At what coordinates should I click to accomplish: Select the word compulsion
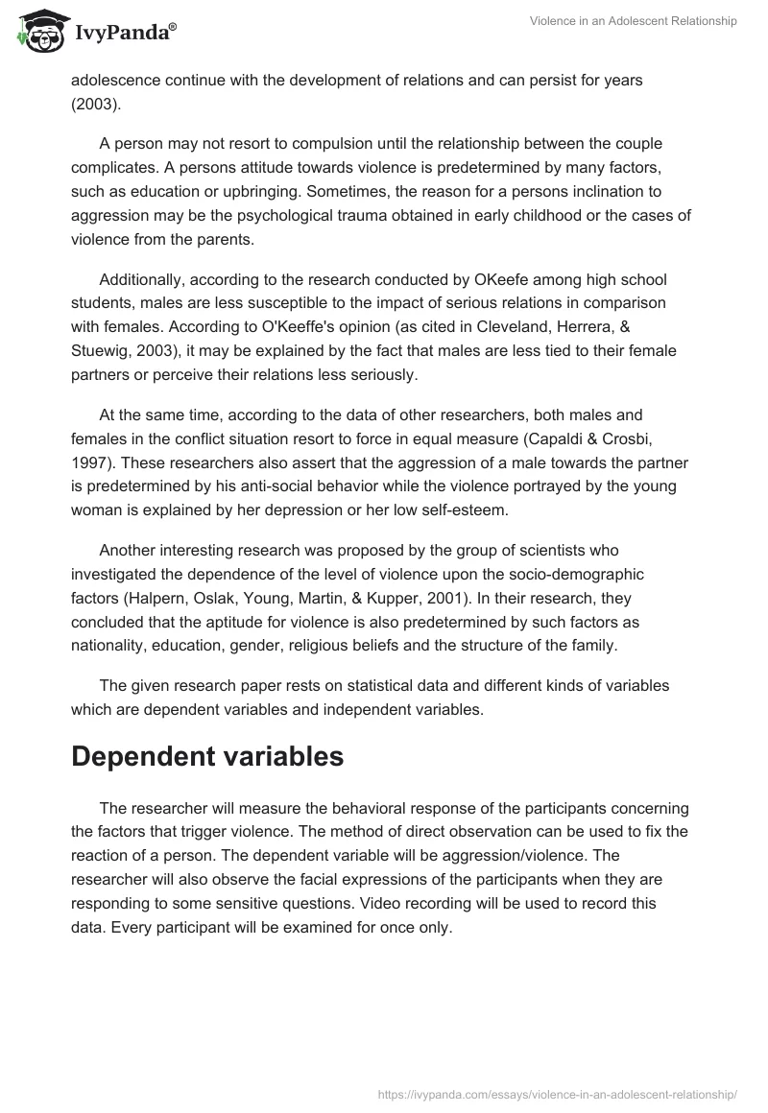point(314,143)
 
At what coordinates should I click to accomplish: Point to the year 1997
point(90,462)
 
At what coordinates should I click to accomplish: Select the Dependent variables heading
point(207,756)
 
